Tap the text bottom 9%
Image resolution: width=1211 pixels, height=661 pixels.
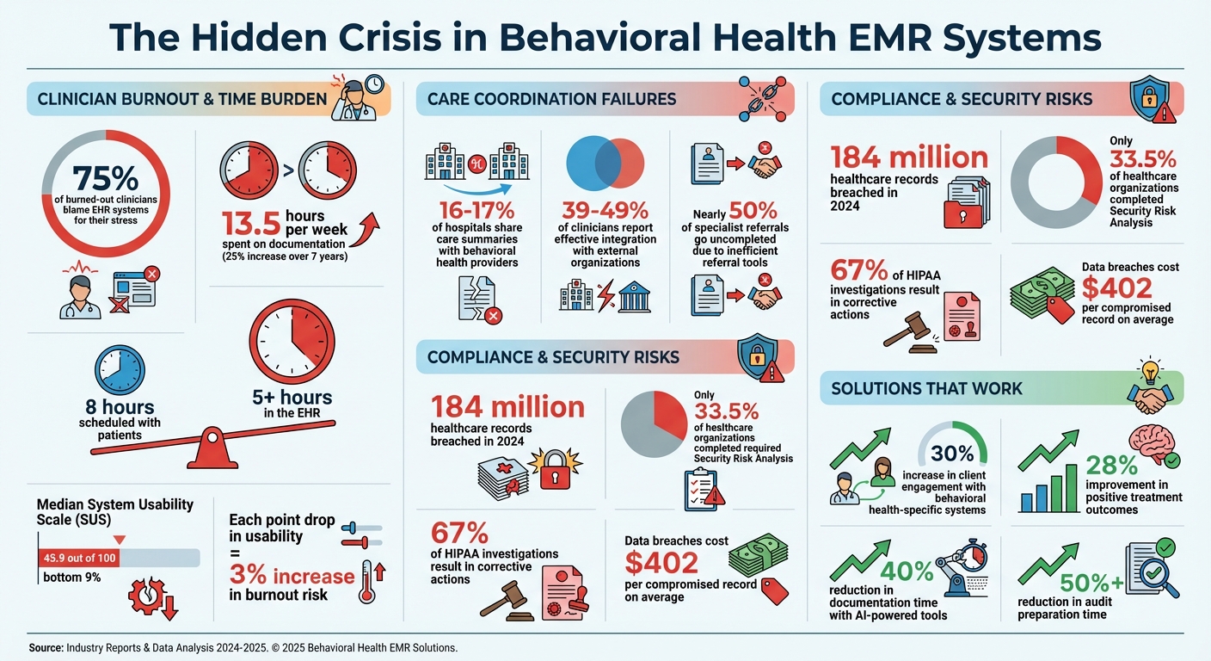point(71,578)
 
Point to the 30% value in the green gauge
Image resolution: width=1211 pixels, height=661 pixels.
point(952,453)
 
